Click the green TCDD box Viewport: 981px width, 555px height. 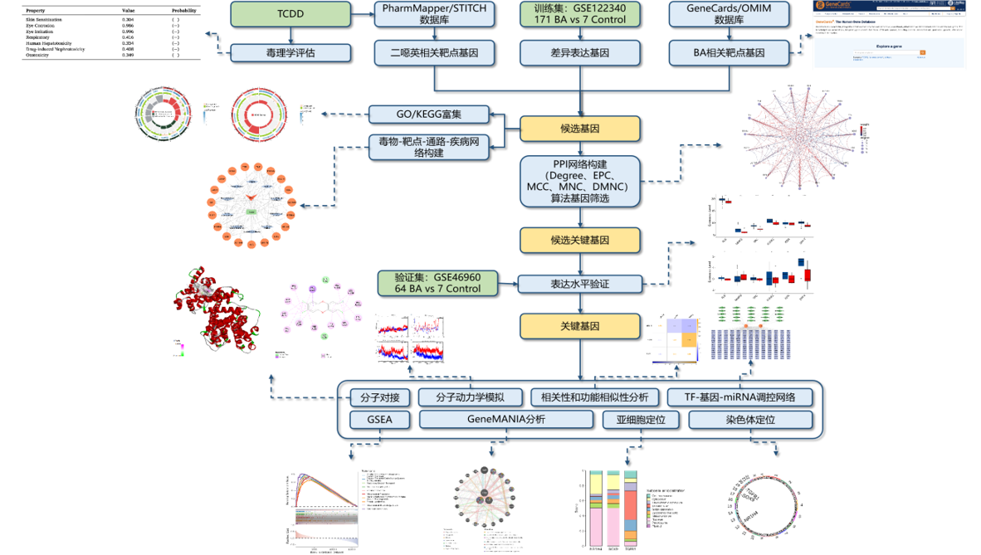[290, 13]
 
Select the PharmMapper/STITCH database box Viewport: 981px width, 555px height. [434, 13]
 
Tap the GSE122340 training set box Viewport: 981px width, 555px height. [580, 13]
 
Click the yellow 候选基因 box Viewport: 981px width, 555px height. [580, 129]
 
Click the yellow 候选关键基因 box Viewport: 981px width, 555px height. [580, 241]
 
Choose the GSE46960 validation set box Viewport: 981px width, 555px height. [439, 283]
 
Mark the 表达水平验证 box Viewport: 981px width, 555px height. [580, 285]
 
